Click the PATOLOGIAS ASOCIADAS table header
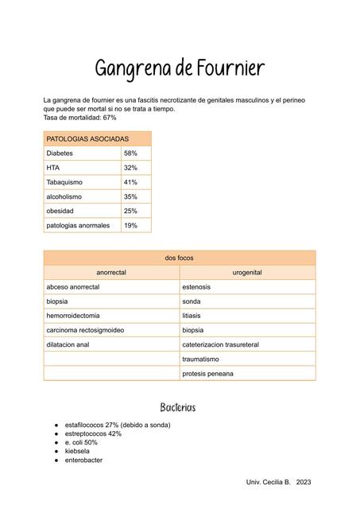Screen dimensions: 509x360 [87, 138]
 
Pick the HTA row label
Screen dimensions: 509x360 [53, 168]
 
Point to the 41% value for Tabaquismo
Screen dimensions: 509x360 [131, 182]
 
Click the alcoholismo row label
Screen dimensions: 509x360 [64, 196]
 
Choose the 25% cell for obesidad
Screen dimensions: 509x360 [131, 211]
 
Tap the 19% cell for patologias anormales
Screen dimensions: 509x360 [131, 225]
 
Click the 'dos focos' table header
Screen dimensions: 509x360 [179, 258]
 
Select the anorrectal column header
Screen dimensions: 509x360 [111, 272]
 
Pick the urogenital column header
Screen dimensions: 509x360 [247, 272]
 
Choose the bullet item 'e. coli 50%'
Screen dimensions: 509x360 [81, 442]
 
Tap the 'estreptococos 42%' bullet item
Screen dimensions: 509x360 [93, 433]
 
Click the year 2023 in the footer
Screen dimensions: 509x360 [304, 483]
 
